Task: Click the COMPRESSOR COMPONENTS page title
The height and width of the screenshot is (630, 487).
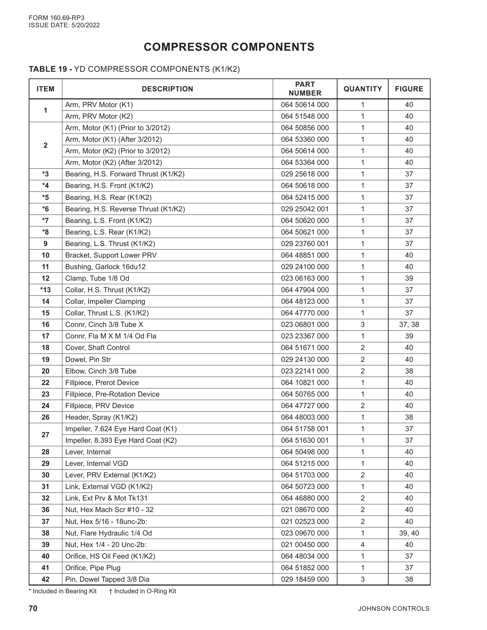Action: pos(229,47)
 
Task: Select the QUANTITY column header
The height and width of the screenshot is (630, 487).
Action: pos(362,89)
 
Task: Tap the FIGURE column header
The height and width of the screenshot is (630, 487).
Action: pos(409,89)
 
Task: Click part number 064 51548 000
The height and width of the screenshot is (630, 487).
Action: pos(305,116)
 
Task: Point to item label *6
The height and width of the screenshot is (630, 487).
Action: pos(46,209)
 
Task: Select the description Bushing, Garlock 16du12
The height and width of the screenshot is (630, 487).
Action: pos(105,267)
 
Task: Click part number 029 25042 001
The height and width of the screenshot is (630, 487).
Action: pos(305,209)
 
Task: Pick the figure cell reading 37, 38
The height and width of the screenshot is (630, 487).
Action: pos(409,324)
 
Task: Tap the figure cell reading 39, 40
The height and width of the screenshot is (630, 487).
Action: pos(409,533)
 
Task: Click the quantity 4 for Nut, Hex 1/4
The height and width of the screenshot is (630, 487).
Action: pos(362,545)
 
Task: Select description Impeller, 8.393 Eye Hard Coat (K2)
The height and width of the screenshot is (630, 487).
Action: pos(121,440)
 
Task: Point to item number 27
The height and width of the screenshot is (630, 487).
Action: pos(46,435)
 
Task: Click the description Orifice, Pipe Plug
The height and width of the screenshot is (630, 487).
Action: pos(93,568)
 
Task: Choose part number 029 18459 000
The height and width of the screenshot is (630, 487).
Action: pos(305,579)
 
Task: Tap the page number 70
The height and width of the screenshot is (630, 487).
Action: pos(33,608)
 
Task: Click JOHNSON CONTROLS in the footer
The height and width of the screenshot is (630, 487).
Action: pos(394,609)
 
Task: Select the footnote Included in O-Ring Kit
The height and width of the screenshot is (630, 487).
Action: pos(142,591)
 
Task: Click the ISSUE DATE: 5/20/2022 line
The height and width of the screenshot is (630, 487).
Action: pos(64,25)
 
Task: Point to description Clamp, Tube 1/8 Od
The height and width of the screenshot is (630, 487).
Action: pos(97,278)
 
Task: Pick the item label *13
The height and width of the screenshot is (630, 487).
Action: pos(46,290)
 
